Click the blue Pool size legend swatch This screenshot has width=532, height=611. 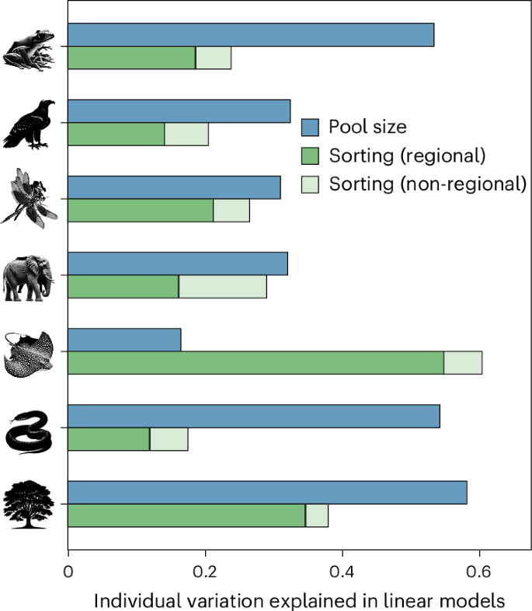tap(311, 126)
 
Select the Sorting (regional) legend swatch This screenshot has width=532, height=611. tap(311, 155)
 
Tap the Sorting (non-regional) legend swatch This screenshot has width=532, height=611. tap(311, 183)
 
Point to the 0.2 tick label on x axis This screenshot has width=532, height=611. tap(205, 572)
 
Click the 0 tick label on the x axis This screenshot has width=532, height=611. tap(68, 572)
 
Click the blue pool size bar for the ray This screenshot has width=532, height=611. tap(124, 340)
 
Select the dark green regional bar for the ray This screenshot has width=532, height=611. tap(256, 362)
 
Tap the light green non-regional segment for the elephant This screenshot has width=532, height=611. tap(222, 286)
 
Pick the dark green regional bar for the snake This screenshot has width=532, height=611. tap(109, 438)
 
